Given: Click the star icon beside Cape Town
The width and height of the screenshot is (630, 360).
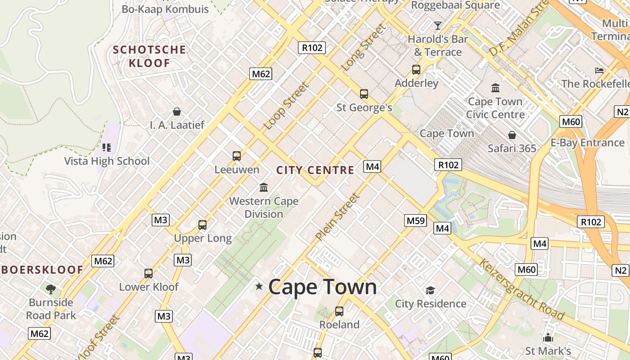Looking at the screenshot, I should click(x=259, y=286).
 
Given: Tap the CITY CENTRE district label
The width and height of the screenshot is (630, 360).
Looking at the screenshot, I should click(x=315, y=170).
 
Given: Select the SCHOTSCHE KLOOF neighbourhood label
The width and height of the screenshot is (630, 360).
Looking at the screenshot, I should click(x=149, y=56).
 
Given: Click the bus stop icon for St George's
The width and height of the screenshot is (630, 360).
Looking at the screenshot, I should click(x=364, y=94).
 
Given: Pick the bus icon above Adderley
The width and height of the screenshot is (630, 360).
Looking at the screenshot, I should click(x=416, y=70).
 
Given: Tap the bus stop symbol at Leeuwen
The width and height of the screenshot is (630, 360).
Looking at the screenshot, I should click(x=237, y=156).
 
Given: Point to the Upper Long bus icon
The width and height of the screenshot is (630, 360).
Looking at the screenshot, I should click(x=202, y=225).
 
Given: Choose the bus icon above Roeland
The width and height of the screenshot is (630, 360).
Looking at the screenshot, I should click(x=339, y=311).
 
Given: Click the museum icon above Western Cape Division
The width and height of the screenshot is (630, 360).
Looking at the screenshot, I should click(x=264, y=187).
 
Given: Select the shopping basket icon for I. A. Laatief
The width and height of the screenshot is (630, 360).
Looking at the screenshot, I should click(x=177, y=112).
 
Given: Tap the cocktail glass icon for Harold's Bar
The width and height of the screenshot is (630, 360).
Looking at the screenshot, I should click(x=437, y=25).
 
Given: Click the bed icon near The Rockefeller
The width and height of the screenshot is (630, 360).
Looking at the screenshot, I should click(x=599, y=71).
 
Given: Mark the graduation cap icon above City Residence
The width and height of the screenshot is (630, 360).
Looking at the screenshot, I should click(x=431, y=290).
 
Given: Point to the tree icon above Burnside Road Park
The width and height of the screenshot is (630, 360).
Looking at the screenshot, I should click(x=51, y=288).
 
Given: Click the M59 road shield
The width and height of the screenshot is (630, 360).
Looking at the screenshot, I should click(x=415, y=220).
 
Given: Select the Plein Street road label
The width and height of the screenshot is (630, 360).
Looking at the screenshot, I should click(x=337, y=217).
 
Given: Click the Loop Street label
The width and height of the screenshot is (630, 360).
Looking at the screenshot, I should click(x=286, y=106).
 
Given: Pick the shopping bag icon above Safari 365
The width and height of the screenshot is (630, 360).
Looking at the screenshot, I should click(x=512, y=135).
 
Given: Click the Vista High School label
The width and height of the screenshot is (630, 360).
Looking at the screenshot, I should click(x=107, y=161).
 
